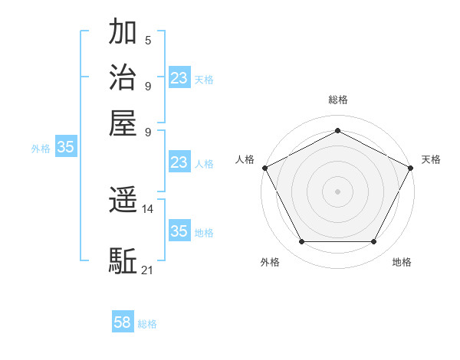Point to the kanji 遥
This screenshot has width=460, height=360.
click(x=123, y=201)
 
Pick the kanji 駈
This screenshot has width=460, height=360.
click(x=123, y=260)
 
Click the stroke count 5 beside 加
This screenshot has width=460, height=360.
click(x=147, y=41)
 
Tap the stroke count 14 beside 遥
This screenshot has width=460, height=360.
click(x=148, y=208)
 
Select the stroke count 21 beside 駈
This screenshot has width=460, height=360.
click(x=148, y=269)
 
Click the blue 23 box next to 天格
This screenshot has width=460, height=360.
click(x=179, y=78)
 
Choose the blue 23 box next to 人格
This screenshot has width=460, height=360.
click(x=179, y=162)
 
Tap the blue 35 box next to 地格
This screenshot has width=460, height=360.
click(x=179, y=231)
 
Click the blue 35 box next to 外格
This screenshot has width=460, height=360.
click(x=66, y=148)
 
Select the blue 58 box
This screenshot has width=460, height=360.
click(x=123, y=322)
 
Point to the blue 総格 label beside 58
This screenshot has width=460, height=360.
click(x=147, y=324)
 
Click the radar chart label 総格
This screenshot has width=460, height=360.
click(x=337, y=100)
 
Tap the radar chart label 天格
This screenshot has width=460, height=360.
click(x=431, y=159)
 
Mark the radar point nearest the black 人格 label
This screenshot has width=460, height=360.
click(x=264, y=168)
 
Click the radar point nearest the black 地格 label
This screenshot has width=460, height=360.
click(x=374, y=242)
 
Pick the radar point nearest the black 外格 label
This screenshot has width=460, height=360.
click(x=301, y=242)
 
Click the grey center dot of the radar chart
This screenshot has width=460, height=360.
click(x=337, y=191)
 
